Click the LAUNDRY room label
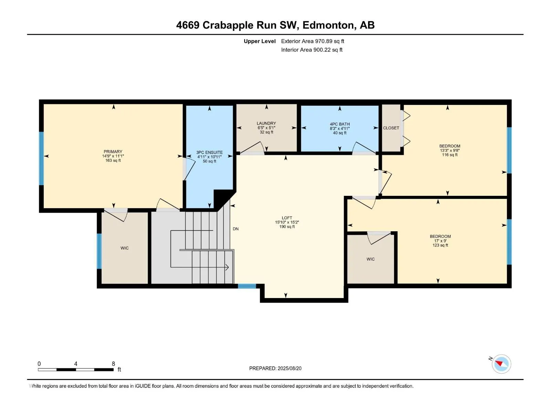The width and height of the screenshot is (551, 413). tap(266, 123)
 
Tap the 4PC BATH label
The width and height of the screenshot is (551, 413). tap(340, 124)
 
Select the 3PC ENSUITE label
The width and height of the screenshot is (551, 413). tap(209, 152)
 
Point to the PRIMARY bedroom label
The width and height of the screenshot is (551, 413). tap(113, 152)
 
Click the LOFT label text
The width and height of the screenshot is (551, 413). tap(287, 218)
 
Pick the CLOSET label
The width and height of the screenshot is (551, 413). tap(391, 128)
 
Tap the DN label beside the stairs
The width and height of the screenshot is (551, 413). tap(236, 229)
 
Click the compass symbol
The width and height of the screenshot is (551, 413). tap(501, 364)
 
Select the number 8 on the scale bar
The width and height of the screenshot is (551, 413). tap(113, 363)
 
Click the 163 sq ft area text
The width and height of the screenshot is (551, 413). tap(113, 160)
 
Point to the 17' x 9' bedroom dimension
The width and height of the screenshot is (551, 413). tap(440, 241)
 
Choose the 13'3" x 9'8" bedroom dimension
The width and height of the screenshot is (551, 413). tap(450, 150)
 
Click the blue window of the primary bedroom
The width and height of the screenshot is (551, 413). tap(41, 158)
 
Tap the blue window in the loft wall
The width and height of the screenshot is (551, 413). tap(247, 286)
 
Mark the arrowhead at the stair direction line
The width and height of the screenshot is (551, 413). tap(227, 267)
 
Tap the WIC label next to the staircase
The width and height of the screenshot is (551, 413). tap(125, 248)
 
